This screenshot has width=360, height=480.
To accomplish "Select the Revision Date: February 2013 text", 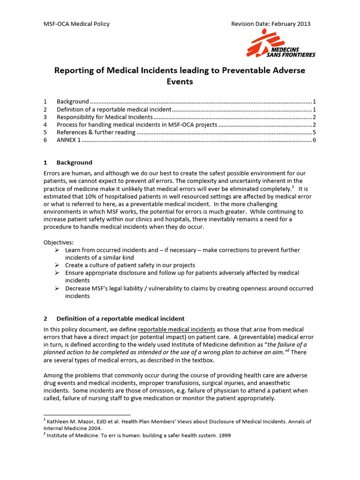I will (x=271, y=24).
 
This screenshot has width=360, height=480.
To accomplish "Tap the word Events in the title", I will (x=180, y=82).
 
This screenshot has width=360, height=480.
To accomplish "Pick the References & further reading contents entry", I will (x=96, y=132).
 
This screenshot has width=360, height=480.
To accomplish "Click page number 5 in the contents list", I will (x=314, y=132).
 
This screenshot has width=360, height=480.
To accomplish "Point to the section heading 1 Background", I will (x=68, y=163).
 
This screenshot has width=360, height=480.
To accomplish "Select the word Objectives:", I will (x=59, y=242).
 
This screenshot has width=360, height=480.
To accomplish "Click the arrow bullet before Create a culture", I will (x=57, y=265).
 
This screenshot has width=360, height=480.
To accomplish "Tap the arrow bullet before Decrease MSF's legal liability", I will (x=57, y=288).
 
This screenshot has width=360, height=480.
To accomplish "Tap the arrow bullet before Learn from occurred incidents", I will (x=57, y=250).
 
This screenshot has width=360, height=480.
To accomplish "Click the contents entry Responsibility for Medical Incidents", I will (x=105, y=117).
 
